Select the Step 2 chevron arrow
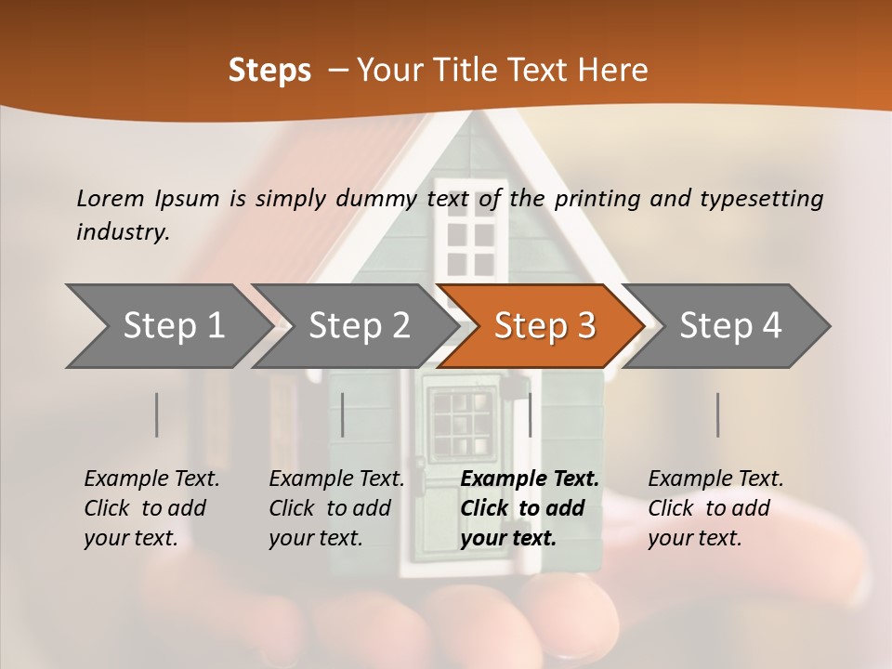point(359,326)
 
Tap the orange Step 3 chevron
point(544,326)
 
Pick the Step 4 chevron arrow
point(730,326)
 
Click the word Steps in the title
point(269,71)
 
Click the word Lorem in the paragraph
point(111,198)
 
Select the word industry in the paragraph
point(123,231)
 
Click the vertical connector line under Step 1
point(157,414)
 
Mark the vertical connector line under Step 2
point(343,414)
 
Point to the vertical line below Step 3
point(530,414)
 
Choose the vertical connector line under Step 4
point(717,414)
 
